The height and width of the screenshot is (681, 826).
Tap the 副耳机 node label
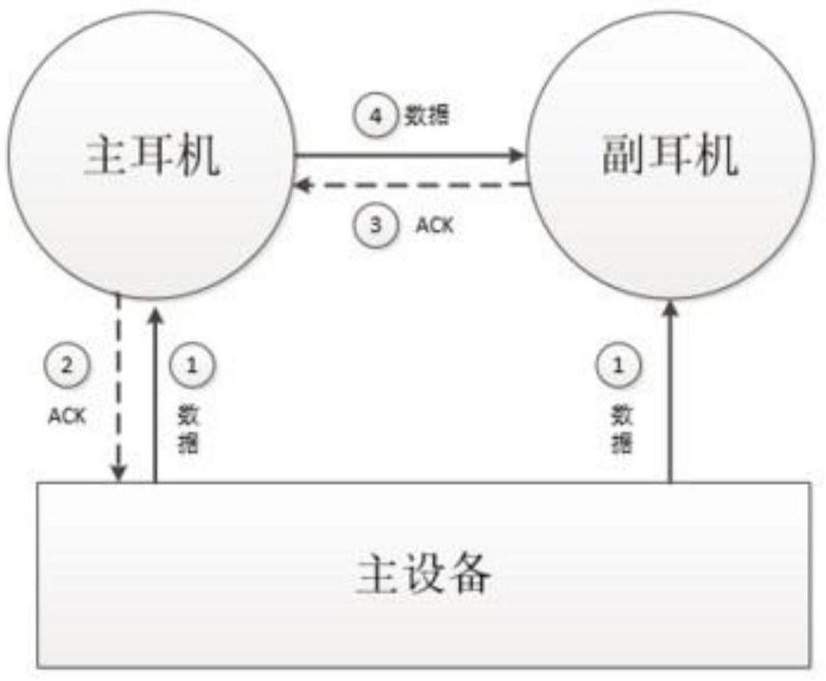click(x=670, y=154)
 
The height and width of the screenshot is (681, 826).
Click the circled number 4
click(x=375, y=115)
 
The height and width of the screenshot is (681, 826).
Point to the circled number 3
click(x=375, y=225)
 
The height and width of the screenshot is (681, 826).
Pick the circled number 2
click(x=66, y=365)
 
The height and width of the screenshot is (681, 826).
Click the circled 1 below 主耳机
click(x=192, y=365)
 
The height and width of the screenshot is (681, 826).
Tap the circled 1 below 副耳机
click(x=619, y=365)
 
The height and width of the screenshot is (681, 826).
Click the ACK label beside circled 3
click(x=434, y=225)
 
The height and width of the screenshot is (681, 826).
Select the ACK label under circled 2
click(x=67, y=416)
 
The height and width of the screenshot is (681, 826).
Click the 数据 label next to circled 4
click(x=427, y=115)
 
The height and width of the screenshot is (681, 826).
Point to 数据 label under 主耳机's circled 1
click(x=188, y=429)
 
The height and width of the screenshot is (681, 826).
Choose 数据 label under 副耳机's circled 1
click(x=622, y=429)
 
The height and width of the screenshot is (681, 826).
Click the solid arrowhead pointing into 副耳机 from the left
click(x=516, y=155)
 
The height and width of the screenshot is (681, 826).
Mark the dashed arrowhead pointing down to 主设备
click(x=119, y=472)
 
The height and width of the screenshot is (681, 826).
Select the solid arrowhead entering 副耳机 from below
click(x=670, y=308)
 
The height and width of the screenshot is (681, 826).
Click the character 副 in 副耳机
click(x=624, y=154)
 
